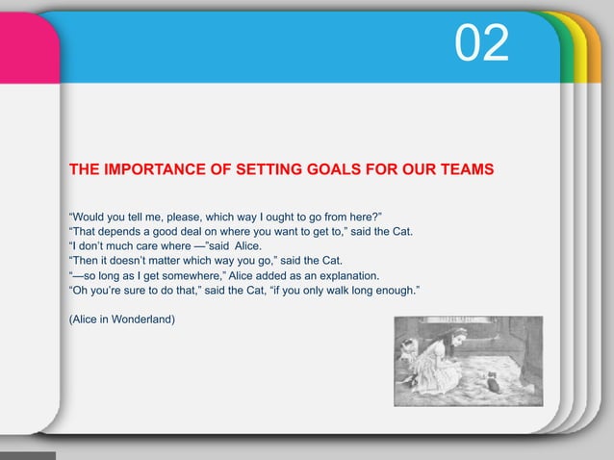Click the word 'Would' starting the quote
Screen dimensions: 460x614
tap(90, 213)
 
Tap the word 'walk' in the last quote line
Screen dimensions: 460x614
tap(366, 291)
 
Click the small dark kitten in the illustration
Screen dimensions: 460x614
tap(494, 383)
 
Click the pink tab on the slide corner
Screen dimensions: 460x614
tap(27, 48)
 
